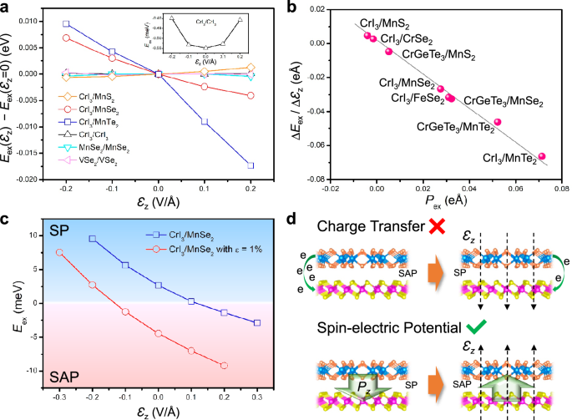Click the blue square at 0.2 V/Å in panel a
point(251,165)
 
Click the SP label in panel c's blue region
point(54,228)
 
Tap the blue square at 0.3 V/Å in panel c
point(257,322)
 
